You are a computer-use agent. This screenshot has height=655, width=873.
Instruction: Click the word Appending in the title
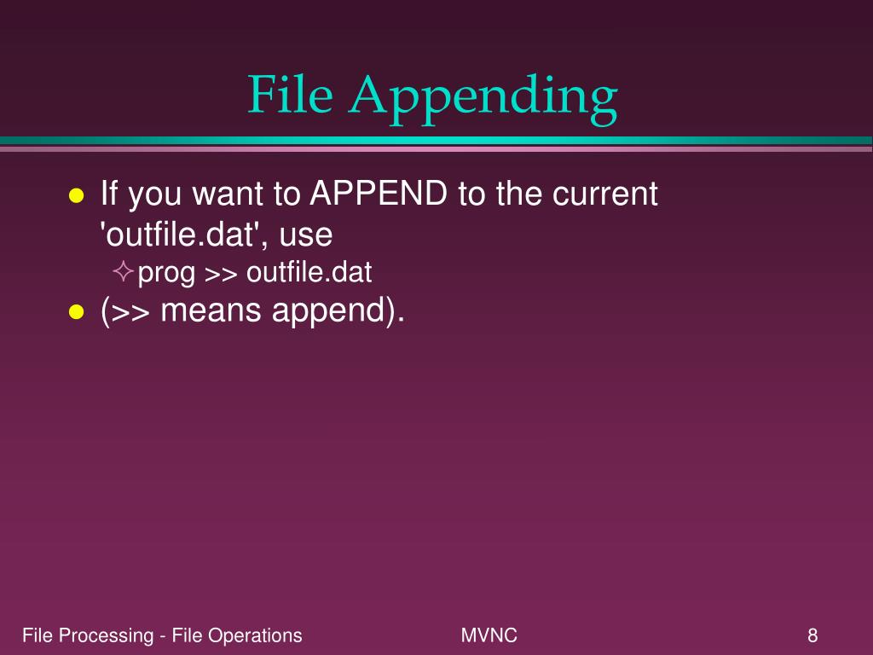[x=482, y=98]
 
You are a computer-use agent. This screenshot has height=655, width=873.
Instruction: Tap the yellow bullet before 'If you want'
[x=76, y=196]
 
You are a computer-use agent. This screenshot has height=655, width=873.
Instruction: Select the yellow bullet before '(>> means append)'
[x=76, y=313]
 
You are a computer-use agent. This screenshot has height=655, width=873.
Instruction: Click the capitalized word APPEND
[x=378, y=194]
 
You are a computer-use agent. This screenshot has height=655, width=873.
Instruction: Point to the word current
[x=605, y=194]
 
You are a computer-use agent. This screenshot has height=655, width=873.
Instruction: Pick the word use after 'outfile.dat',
[x=305, y=235]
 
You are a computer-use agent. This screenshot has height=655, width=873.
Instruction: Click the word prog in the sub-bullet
[x=167, y=275]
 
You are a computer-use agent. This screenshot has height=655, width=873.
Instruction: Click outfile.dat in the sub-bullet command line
[x=309, y=273]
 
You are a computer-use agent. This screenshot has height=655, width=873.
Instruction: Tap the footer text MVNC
[x=489, y=635]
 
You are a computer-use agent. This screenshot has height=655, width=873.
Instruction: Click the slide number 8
[x=812, y=635]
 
